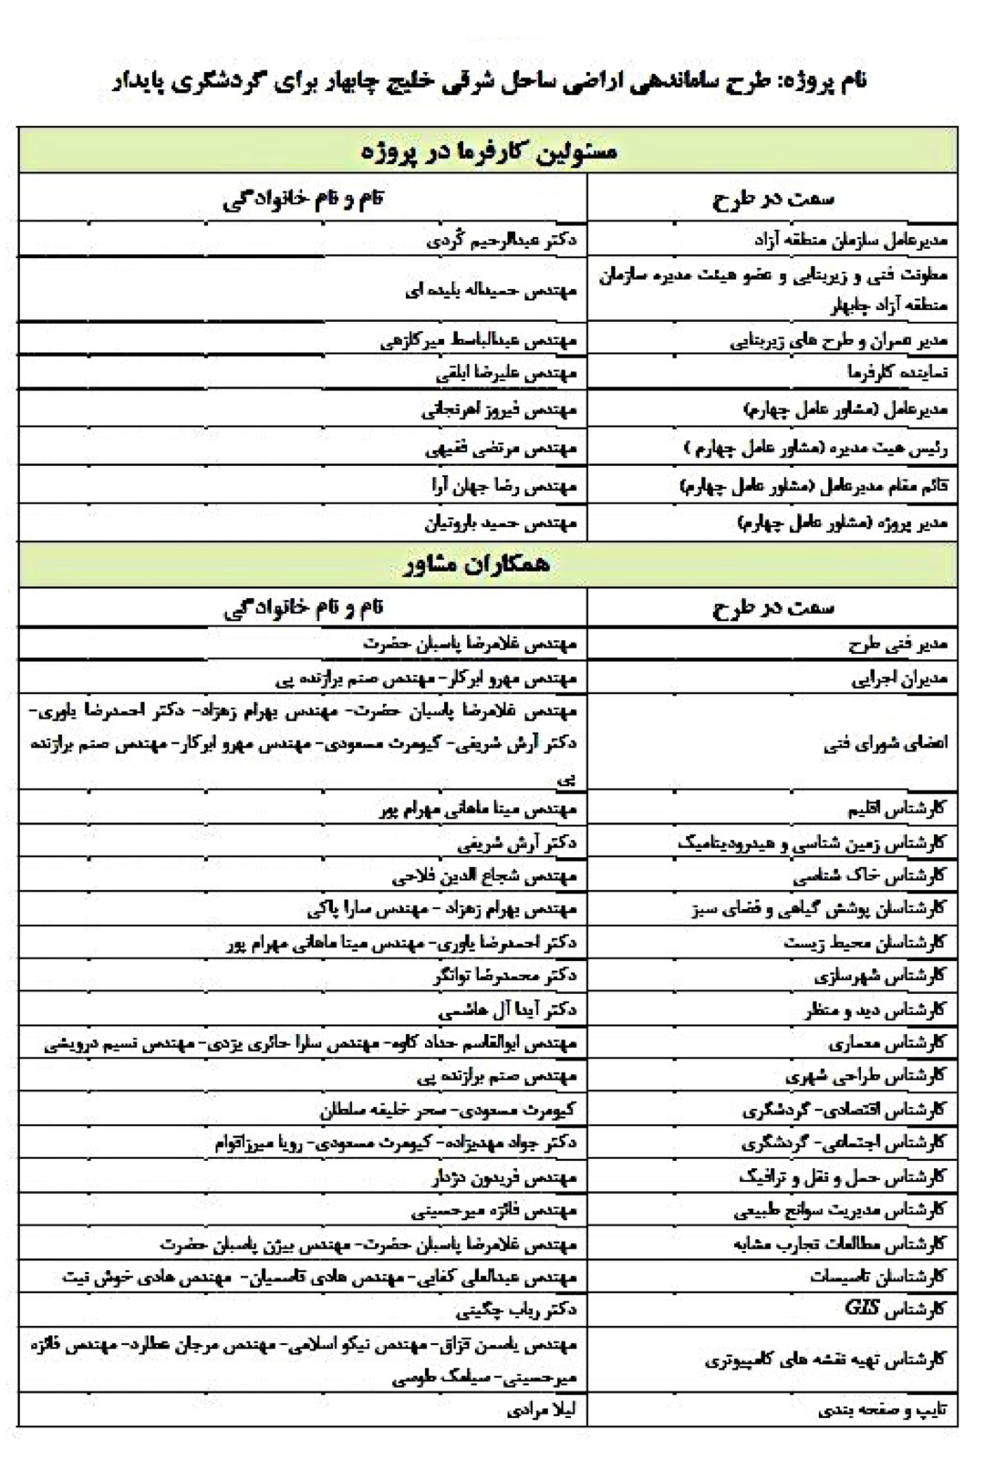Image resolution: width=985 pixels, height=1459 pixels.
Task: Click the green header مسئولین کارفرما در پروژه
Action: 488,150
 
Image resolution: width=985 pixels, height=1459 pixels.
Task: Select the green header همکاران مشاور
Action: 488,564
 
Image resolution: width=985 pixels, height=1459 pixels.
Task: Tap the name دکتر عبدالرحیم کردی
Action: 502,241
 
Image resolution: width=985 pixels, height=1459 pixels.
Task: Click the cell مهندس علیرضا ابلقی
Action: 506,373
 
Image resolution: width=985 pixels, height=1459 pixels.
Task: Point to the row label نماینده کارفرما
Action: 897,373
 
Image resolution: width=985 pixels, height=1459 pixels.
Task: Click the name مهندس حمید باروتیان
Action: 501,523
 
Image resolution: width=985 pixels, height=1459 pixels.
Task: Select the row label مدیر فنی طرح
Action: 898,644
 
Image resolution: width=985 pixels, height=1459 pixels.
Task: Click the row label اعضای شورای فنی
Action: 885,743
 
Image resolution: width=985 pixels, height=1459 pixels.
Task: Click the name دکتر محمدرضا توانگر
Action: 505,976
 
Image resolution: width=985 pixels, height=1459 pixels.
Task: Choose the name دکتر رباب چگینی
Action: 516,1310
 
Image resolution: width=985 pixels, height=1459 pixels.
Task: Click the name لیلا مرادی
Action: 542,1410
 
